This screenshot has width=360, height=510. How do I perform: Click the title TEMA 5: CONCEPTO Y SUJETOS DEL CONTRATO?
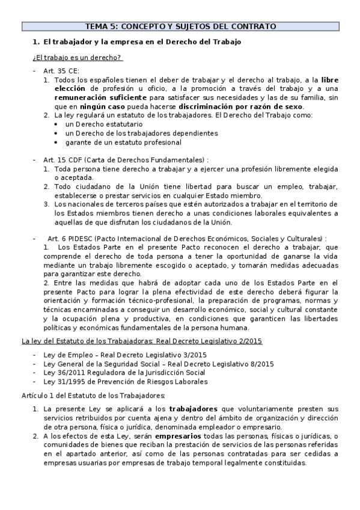180,26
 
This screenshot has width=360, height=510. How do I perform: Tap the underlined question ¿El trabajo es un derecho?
77,58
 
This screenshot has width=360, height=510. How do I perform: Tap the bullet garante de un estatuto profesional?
123,143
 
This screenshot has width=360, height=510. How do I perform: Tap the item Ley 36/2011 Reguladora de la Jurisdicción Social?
124,373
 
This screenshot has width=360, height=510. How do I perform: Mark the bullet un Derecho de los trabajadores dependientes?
141,133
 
